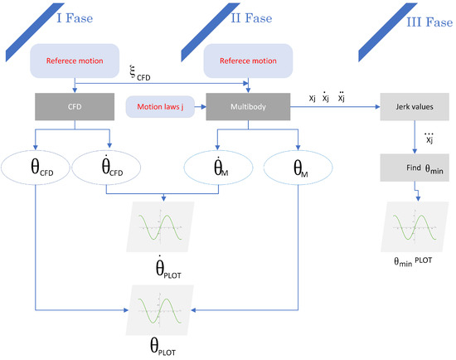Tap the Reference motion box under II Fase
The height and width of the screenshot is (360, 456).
coord(246,60)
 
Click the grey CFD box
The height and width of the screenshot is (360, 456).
coord(75,106)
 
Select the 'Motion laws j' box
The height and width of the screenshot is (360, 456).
coord(160,106)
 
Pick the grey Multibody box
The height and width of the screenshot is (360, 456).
coord(246,106)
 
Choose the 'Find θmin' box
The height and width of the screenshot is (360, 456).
coord(406,170)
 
